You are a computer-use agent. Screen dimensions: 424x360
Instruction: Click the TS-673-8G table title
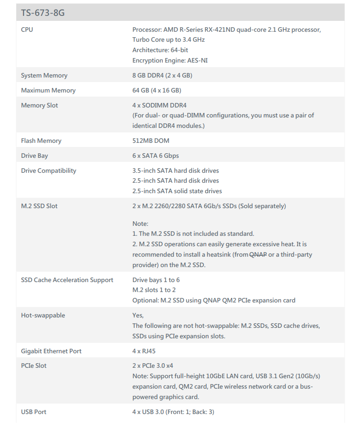[x=43, y=13]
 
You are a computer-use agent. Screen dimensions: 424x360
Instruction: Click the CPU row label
[x=27, y=29]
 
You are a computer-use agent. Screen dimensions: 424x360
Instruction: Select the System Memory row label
[x=44, y=75]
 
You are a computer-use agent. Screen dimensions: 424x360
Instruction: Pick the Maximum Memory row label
[x=48, y=90]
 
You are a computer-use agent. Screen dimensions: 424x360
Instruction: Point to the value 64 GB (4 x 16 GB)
[x=157, y=90]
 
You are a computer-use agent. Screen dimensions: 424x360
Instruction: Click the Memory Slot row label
[x=39, y=105]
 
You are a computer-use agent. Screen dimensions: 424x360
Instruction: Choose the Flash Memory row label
[x=41, y=141]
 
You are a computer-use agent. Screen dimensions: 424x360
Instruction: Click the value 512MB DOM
[x=151, y=141]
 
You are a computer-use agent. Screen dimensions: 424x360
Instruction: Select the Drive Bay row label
[x=34, y=156]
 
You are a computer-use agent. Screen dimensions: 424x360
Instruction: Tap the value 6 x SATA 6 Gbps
[x=156, y=156]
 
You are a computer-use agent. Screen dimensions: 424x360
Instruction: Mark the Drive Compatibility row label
[x=49, y=171]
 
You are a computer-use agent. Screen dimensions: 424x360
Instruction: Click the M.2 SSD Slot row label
[x=39, y=206]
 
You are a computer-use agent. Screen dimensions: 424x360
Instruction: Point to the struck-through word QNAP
[x=258, y=254]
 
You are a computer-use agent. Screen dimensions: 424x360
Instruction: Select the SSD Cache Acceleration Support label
[x=67, y=280]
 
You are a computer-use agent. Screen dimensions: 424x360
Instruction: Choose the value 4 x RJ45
[x=144, y=351]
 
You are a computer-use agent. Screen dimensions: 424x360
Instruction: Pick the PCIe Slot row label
[x=34, y=366]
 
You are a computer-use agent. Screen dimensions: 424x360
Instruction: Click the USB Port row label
[x=34, y=412]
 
